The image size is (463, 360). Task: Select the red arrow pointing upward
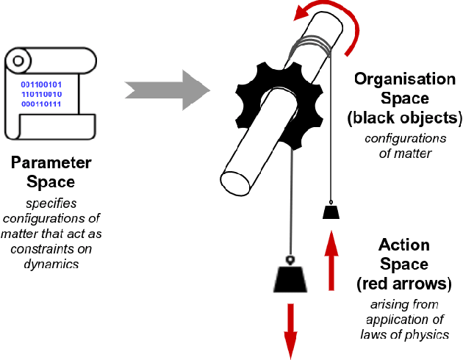[x=331, y=262]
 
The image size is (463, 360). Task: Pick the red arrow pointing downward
[x=290, y=327]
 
